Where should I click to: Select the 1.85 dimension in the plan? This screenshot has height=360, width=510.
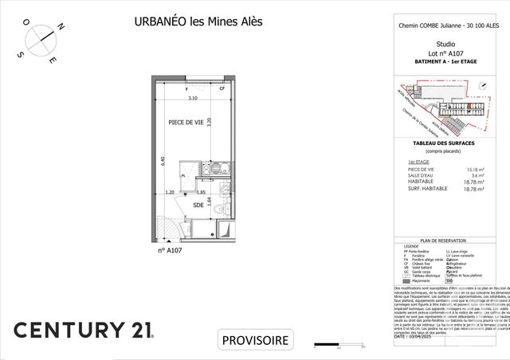tap(202, 192)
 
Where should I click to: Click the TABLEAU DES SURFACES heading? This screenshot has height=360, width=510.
tap(445, 143)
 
